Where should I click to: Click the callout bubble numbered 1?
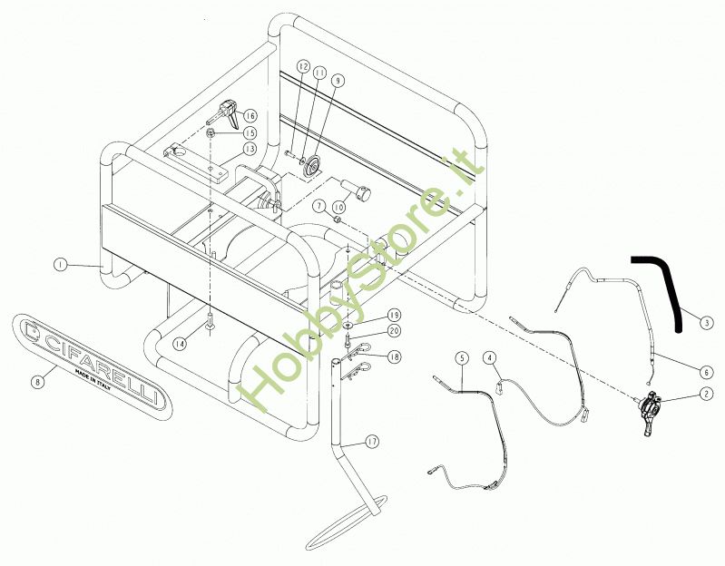point(59,265)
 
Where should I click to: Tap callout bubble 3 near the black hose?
point(707,320)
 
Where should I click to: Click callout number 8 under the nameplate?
point(37,382)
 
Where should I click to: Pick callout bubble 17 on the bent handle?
point(372,442)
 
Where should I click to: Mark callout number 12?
point(303,67)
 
